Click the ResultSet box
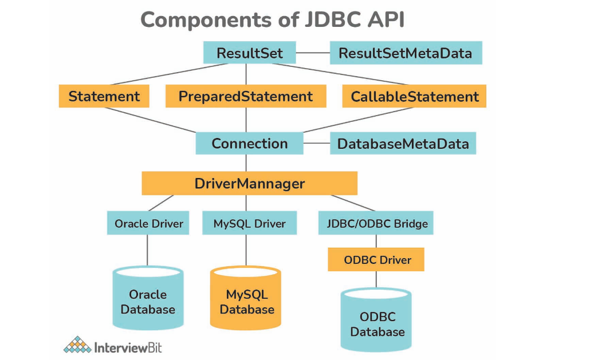(x=249, y=53)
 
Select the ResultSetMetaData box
(x=406, y=53)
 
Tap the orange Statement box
(x=104, y=96)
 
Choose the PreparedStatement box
(x=246, y=96)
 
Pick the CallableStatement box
(x=414, y=96)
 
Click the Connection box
(x=249, y=143)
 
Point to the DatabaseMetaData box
(x=403, y=143)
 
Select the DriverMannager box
(x=249, y=184)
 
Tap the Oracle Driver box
(x=148, y=223)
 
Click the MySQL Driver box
(x=249, y=223)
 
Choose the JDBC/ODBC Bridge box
(x=376, y=223)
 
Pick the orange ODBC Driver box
(x=376, y=260)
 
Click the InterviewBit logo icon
(x=77, y=345)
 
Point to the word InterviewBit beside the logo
(x=127, y=347)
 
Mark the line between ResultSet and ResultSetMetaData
(x=313, y=53)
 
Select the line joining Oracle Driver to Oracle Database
(x=148, y=250)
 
